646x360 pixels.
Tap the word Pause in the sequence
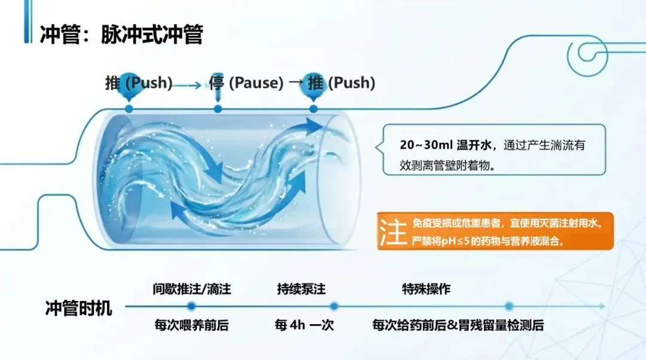[256, 83]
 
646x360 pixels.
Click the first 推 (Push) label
[139, 83]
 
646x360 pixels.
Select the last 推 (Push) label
[342, 83]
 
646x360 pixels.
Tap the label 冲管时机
[78, 309]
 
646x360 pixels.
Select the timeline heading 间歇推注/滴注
[192, 289]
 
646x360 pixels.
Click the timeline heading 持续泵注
[301, 289]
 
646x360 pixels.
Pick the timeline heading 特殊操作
[426, 289]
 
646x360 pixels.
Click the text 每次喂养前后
[192, 326]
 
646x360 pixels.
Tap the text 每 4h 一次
[304, 326]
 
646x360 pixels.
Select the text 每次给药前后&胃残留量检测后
[458, 326]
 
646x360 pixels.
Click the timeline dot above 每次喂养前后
[191, 306]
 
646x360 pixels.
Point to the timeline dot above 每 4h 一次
[334, 306]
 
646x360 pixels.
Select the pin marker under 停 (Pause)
[218, 109]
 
